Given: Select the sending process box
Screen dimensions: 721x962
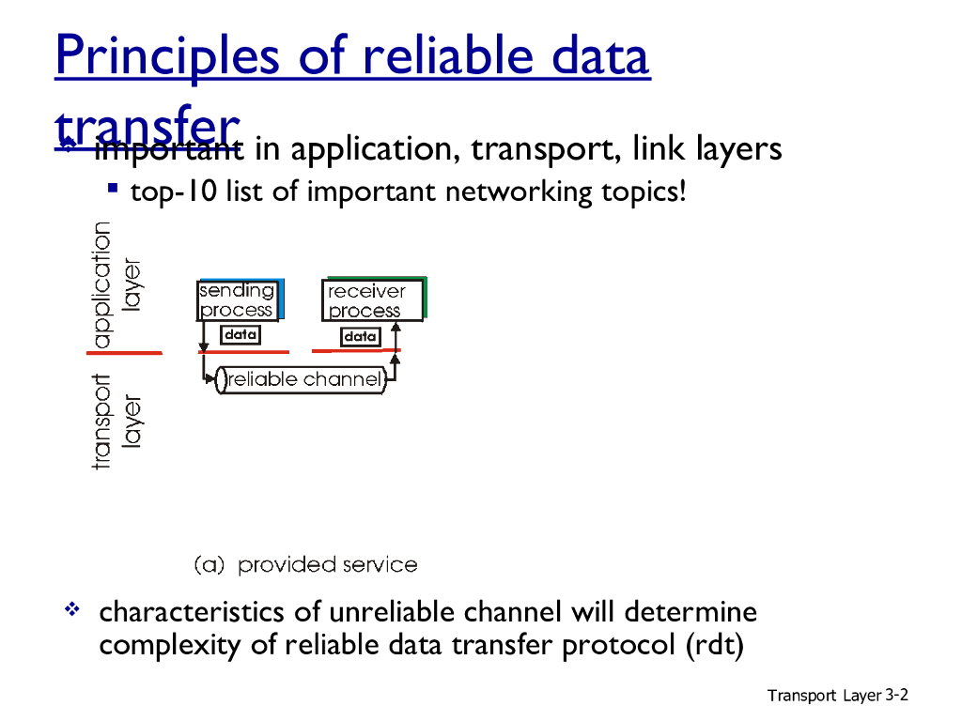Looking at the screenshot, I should [238, 300].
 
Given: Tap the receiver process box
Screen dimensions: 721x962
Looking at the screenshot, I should [372, 300].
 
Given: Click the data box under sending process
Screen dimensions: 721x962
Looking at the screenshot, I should [240, 334].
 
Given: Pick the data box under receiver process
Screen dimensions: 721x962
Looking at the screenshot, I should [360, 335].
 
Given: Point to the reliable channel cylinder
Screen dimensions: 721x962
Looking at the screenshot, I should [303, 380].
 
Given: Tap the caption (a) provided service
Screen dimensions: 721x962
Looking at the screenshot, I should [305, 565].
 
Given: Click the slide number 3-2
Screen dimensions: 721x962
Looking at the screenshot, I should [896, 695].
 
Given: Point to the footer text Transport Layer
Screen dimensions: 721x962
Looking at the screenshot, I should [824, 696].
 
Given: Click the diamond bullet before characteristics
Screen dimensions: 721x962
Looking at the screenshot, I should [70, 611].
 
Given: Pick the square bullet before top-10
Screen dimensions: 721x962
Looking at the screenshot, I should [113, 189].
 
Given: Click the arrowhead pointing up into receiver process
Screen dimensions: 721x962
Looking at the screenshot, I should [396, 327].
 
